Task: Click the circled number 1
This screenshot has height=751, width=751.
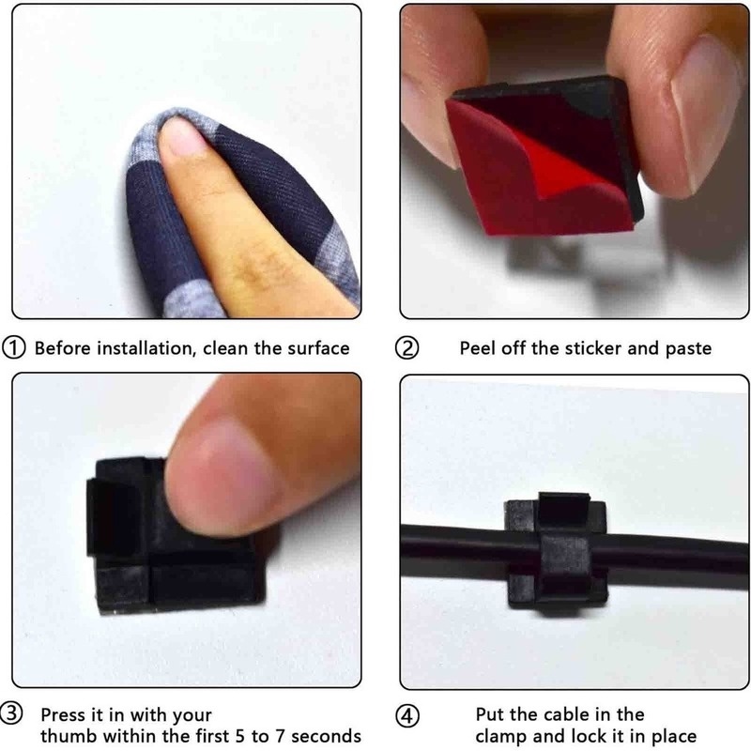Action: tap(14, 348)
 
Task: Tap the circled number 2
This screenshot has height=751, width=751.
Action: tap(406, 348)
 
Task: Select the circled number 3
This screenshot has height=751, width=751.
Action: tap(11, 713)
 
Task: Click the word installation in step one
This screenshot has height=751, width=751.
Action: tap(146, 348)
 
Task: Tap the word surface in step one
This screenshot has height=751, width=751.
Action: tap(318, 348)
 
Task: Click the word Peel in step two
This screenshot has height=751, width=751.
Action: tap(478, 348)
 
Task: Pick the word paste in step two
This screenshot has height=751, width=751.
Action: tap(688, 349)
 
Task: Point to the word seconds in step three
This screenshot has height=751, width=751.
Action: tap(326, 736)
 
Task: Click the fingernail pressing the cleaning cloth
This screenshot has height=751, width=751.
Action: tap(178, 136)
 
